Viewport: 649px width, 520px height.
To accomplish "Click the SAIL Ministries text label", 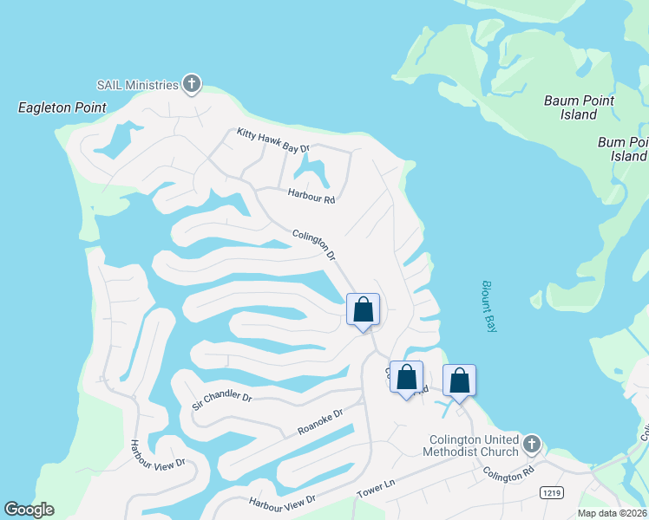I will (137, 85).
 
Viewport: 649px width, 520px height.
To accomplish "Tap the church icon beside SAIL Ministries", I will (192, 84).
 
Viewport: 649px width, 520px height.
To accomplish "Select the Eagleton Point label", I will (62, 107).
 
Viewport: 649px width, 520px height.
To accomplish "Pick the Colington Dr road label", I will (314, 244).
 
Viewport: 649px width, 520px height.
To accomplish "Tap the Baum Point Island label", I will (579, 107).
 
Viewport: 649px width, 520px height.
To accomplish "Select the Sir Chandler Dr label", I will (221, 401).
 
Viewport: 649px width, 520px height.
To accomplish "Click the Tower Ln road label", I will (377, 495).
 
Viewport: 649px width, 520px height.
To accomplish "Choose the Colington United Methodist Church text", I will (471, 445).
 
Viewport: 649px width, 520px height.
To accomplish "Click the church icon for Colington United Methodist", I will (533, 445).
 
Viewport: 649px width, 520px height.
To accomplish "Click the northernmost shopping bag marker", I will (363, 309).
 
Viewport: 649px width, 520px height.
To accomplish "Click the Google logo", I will (29, 510).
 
